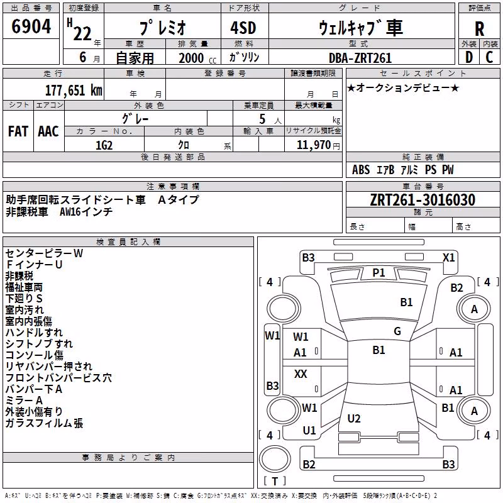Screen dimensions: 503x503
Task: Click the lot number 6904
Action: point(31,26)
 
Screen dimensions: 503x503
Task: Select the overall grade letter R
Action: point(479,29)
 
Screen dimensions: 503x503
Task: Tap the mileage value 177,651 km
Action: point(74,90)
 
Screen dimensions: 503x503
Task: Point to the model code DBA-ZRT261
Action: point(360,58)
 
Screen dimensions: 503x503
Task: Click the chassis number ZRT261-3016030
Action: point(423,200)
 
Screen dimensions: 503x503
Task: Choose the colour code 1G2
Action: point(104,145)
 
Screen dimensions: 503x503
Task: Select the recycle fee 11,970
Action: point(314,145)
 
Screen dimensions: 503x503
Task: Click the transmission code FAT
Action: point(18,131)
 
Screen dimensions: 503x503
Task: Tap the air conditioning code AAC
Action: point(48,131)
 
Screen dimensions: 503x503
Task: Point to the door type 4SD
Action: point(243,28)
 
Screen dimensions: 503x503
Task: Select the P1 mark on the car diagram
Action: point(379,273)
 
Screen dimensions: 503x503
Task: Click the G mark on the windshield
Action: point(397,331)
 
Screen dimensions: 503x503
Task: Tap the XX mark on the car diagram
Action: point(301,373)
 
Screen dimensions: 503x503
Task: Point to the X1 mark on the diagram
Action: point(448,258)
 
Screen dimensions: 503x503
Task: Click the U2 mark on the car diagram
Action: point(354,418)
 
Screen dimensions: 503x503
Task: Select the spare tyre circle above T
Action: point(275,458)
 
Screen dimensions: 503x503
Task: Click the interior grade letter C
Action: point(489,57)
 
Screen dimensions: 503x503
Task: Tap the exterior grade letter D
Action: point(469,57)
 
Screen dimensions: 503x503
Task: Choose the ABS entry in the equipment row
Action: point(361,170)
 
